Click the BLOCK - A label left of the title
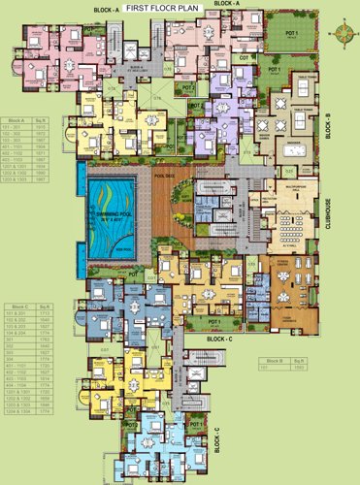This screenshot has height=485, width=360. pos(106,9)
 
